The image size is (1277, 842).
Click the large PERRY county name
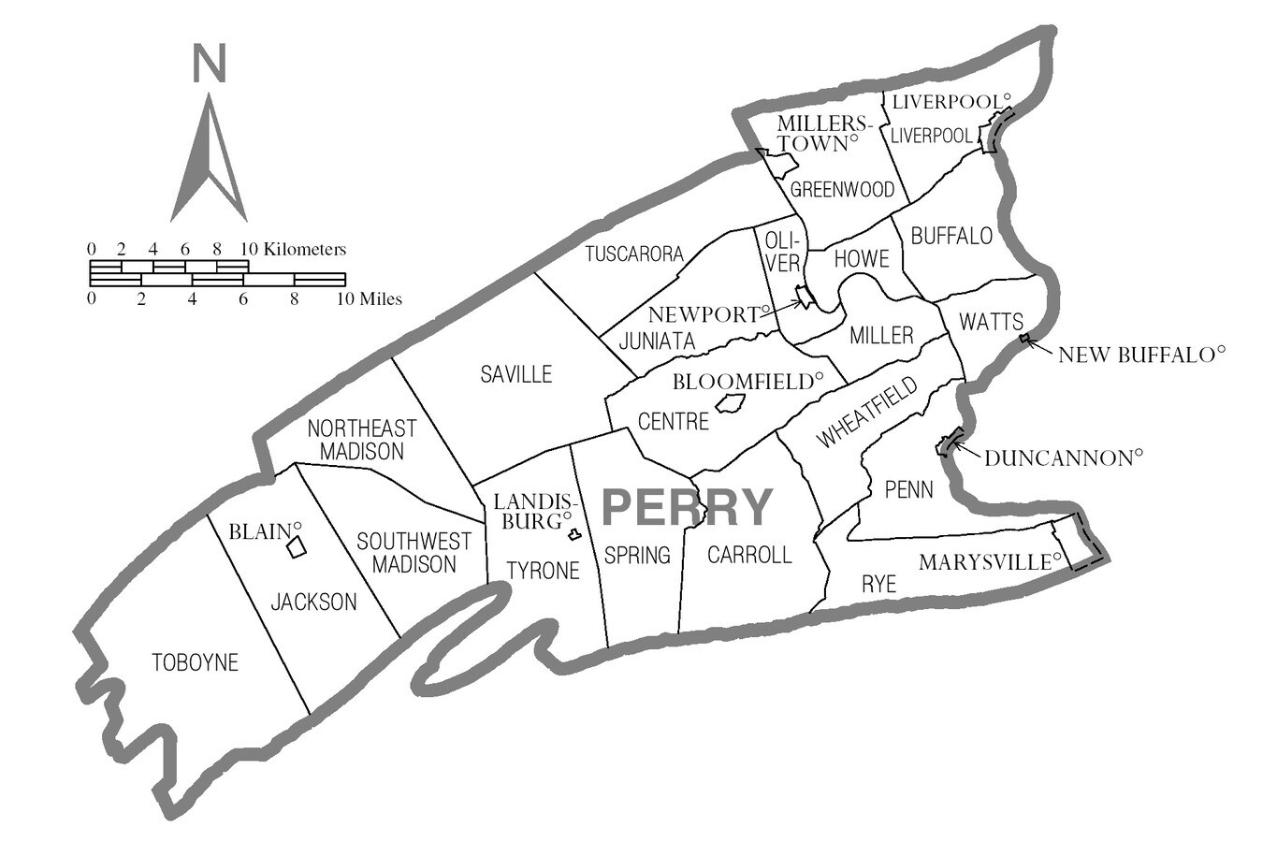tap(687, 507)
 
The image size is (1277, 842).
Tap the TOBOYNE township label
tap(195, 663)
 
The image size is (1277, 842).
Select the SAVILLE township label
tap(515, 375)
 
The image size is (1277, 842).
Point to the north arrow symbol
tap(208, 159)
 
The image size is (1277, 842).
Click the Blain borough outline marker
tap(296, 547)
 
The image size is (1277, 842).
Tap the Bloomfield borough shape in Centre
tap(730, 404)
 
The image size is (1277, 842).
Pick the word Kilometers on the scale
tap(305, 250)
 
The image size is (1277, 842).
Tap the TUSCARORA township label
tap(634, 254)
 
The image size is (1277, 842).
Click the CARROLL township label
tap(749, 555)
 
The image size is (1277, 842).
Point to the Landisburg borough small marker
tap(574, 535)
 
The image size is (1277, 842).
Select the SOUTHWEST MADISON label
tap(414, 553)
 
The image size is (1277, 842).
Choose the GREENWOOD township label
tap(842, 190)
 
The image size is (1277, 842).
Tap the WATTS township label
tap(992, 323)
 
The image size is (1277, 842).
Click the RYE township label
tap(878, 586)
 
